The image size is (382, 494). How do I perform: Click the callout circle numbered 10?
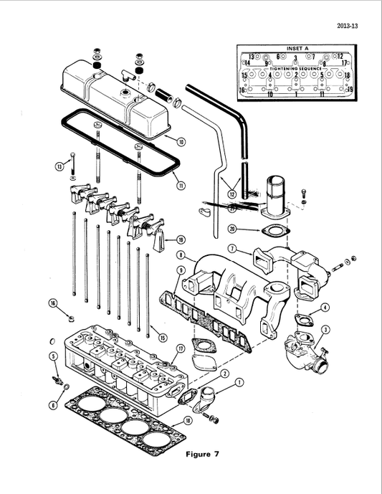181,142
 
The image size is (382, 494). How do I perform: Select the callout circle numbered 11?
181,185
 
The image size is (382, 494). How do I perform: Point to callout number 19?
181,239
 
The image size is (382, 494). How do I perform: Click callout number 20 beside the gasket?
233,229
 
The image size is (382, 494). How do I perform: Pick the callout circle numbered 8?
181,255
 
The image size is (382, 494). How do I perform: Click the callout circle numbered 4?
325,308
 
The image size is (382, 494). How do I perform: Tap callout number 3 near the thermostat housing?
325,329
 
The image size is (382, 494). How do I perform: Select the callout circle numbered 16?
53,304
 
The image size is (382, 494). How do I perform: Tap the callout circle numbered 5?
53,356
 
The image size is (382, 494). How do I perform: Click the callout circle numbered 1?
239,383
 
